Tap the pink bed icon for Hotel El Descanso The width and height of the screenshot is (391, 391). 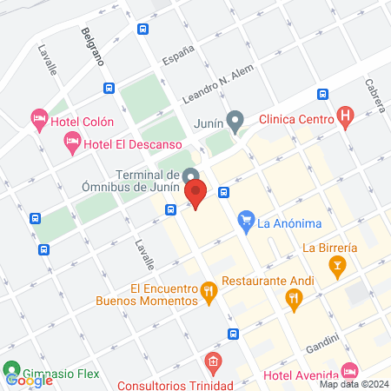(73, 142)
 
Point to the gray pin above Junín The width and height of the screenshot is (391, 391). (234, 119)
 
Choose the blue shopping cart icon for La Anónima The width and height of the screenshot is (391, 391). (246, 222)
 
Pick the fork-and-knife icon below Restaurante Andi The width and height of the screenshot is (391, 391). (294, 300)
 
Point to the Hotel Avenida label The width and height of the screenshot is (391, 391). (300, 375)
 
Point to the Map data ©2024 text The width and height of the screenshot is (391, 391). (352, 383)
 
